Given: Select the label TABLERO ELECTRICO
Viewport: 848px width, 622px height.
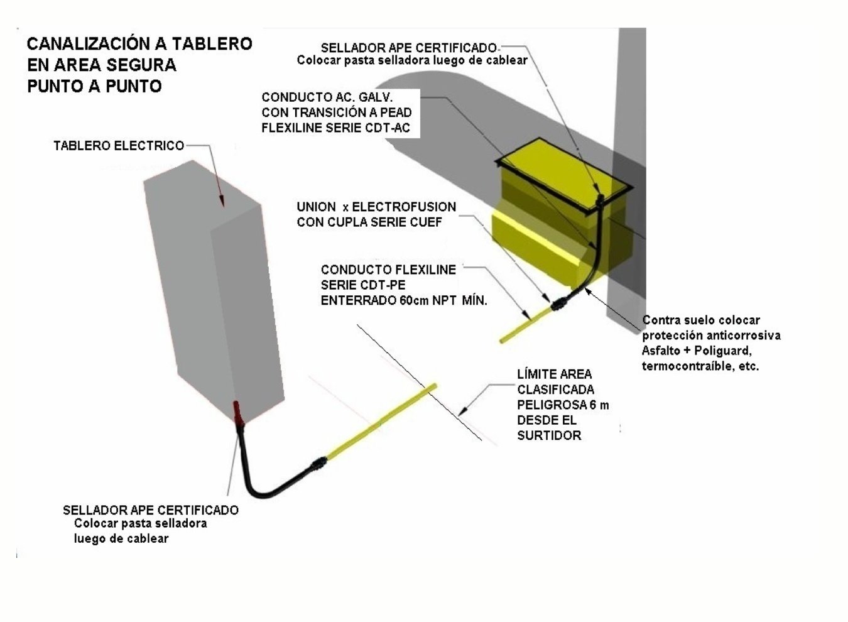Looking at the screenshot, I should (x=119, y=146).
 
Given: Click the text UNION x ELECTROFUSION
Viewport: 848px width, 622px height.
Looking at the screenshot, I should (x=376, y=207).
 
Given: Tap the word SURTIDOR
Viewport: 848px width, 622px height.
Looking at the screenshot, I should (x=549, y=435).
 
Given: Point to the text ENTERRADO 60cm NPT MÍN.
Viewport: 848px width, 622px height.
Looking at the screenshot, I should (x=404, y=301).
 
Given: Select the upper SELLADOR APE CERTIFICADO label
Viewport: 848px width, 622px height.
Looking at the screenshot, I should (x=408, y=48).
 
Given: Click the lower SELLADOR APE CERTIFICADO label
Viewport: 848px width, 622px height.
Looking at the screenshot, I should (x=151, y=510).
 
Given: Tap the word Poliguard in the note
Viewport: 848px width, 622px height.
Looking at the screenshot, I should (x=722, y=351).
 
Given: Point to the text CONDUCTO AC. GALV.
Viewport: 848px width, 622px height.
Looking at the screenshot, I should (x=327, y=97).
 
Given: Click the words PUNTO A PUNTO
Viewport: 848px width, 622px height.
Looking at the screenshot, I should (x=95, y=87).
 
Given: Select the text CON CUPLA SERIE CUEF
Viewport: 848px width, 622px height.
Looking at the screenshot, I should (x=369, y=222).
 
